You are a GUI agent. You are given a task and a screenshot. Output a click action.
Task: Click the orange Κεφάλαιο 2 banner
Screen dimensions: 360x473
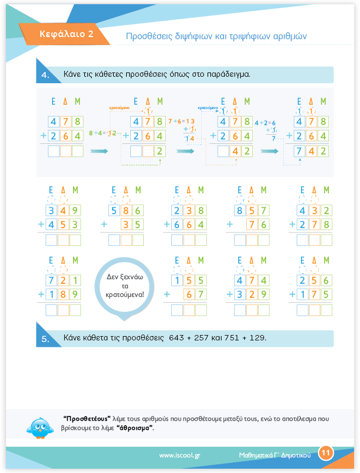64,34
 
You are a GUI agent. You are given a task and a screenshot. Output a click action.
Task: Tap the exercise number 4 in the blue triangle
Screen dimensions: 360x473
45,75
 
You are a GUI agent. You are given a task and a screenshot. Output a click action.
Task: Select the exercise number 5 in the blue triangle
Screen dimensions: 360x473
45,339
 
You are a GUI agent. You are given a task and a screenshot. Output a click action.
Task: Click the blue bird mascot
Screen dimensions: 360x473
40,428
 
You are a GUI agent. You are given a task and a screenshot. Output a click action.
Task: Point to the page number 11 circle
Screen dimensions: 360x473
326,453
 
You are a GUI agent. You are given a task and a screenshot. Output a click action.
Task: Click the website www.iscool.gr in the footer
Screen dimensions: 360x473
180,455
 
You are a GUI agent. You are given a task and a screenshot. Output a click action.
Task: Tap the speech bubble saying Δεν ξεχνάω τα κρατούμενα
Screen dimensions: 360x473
124,286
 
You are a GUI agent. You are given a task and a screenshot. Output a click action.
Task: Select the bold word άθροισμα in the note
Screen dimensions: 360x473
135,428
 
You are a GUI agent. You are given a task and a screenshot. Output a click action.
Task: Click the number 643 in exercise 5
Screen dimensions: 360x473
176,338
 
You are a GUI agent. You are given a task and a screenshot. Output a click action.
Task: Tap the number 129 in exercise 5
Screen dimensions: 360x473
258,338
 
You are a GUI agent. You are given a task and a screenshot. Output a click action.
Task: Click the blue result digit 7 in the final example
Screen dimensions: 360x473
299,151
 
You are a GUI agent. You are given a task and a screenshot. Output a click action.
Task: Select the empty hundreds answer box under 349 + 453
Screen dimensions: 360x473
52,240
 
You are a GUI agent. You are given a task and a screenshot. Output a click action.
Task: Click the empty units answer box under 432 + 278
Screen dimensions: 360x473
326,240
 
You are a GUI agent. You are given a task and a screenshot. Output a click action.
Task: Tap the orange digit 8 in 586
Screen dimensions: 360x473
126,210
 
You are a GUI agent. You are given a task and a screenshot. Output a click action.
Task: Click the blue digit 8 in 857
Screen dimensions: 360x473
240,210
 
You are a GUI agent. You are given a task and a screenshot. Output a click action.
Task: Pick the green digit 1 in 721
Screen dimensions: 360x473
75,281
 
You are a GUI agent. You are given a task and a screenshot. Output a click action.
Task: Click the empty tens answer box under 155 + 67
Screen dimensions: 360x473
189,310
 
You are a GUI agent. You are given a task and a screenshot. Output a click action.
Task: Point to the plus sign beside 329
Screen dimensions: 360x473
230,294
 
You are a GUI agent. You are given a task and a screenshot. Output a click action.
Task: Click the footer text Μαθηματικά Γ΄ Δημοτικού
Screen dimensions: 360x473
275,455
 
